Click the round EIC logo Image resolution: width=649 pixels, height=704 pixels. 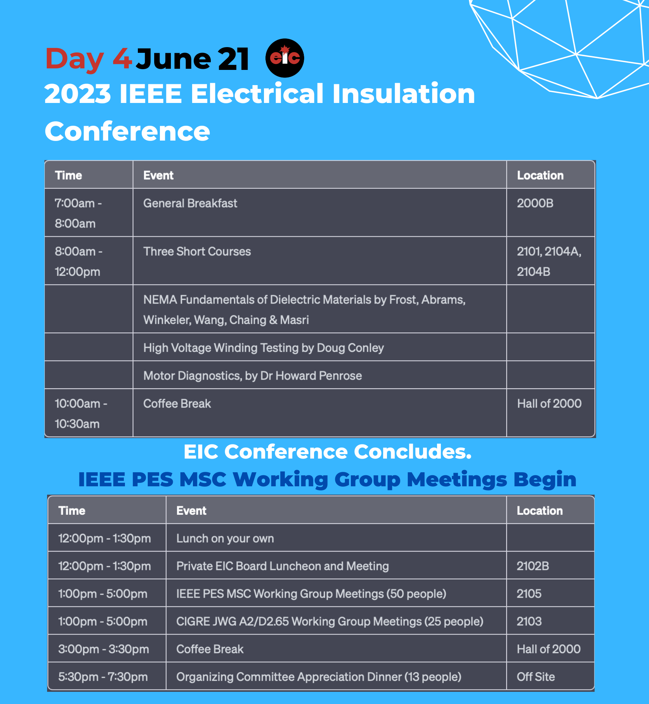tap(284, 58)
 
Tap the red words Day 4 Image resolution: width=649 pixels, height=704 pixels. tap(88, 59)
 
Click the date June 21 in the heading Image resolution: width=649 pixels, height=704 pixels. tap(193, 59)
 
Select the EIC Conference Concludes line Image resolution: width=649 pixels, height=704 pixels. tap(327, 451)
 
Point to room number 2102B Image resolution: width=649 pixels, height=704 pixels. tap(533, 566)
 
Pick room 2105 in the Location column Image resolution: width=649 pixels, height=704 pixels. tap(529, 594)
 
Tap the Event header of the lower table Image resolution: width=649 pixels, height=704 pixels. tap(191, 511)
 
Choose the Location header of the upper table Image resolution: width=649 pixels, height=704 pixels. tap(540, 175)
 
